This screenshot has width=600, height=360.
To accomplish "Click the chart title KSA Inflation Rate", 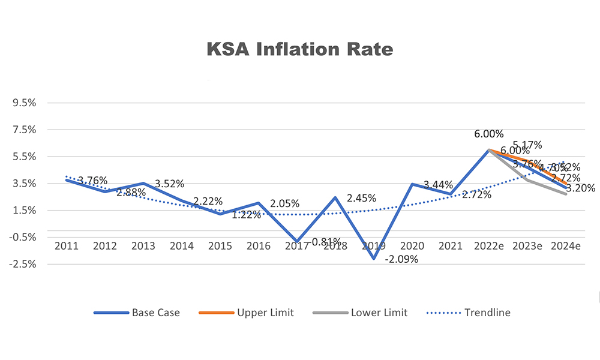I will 300,49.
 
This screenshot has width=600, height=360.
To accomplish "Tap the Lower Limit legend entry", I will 379,313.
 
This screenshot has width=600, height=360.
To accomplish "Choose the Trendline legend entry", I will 487,313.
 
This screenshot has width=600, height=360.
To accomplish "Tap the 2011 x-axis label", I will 66,245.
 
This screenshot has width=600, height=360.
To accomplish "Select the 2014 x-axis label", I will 182,245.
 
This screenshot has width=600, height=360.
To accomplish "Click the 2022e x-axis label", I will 489,245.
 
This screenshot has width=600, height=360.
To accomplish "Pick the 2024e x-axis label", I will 566,245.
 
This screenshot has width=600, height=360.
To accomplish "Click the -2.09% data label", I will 401,260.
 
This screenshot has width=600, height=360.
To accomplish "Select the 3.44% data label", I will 438,185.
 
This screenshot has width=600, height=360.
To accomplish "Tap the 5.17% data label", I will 527,145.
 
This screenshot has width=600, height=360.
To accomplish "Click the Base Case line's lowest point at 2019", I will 374,259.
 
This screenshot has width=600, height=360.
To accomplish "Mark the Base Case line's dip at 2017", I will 297,241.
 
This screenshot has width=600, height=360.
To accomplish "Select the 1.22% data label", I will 246,214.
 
